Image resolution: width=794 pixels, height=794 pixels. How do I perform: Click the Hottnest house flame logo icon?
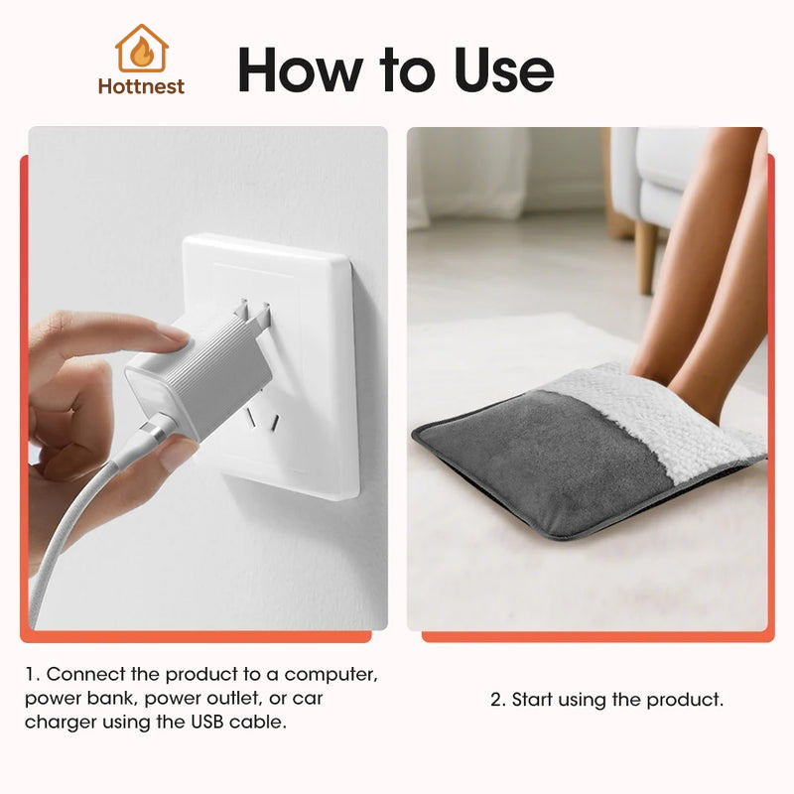tap(141, 49)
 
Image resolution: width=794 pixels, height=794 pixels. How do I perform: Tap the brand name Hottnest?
tap(141, 86)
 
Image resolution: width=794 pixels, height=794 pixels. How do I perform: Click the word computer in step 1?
tap(333, 674)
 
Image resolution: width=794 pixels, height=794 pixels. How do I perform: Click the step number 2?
tap(496, 700)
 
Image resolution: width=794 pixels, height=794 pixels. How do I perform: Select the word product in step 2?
tap(683, 700)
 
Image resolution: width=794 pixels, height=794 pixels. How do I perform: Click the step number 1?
tap(30, 674)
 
